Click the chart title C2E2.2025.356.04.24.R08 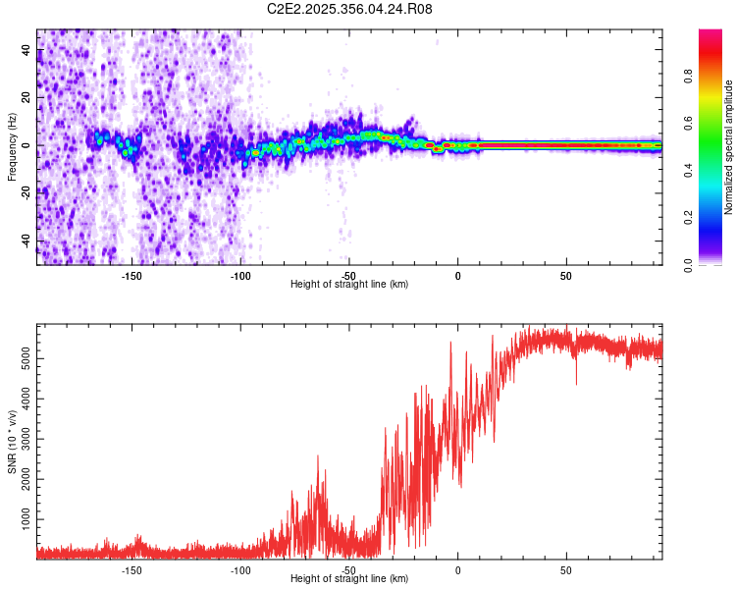point(349,9)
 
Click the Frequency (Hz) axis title point(13,146)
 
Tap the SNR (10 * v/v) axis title point(13,441)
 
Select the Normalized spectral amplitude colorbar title point(728,146)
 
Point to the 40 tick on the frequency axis point(26,50)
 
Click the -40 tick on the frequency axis point(26,241)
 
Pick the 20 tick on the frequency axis point(26,98)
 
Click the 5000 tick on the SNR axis point(26,360)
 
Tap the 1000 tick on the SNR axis point(26,517)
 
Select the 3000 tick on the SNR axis point(26,439)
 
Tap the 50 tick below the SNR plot point(565,569)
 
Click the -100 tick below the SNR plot point(240,569)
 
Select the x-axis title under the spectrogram point(349,285)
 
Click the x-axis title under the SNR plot point(349,579)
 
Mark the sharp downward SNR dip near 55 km point(576,383)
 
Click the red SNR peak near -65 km point(318,457)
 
